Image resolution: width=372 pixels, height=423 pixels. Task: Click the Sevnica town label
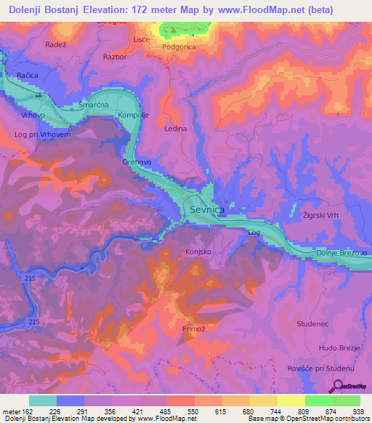tap(211, 209)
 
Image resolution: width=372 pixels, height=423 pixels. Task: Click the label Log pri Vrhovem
tap(43, 134)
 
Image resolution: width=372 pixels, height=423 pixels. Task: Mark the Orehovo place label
tap(137, 162)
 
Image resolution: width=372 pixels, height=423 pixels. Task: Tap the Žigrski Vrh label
tap(323, 217)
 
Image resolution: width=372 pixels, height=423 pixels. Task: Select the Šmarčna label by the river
tap(94, 105)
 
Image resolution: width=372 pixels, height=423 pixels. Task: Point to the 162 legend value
tap(27, 411)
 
